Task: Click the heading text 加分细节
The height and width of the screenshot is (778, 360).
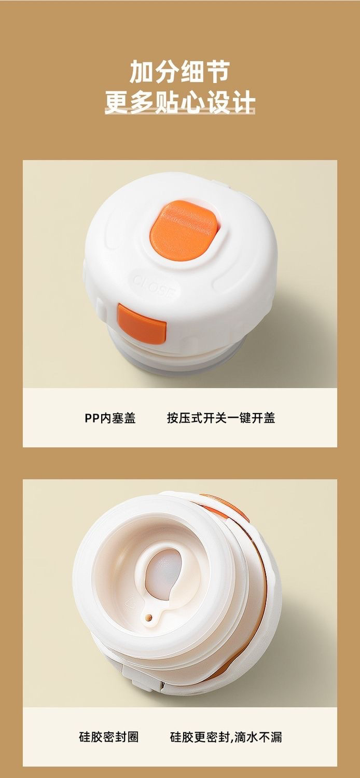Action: point(179,72)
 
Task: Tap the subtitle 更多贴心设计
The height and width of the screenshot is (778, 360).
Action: point(180,102)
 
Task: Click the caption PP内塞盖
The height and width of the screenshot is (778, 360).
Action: point(110,418)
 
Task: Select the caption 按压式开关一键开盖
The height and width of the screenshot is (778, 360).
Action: point(221,418)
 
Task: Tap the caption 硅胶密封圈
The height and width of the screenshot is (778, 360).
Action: point(108,735)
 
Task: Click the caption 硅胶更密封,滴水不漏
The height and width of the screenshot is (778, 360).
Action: point(226,735)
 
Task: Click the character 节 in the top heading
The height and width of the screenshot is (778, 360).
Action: point(217,72)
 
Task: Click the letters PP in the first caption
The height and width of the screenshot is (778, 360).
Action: point(92,418)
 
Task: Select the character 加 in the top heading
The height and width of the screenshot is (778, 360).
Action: point(142,72)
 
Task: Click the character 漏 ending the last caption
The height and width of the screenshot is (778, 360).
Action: point(275,735)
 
